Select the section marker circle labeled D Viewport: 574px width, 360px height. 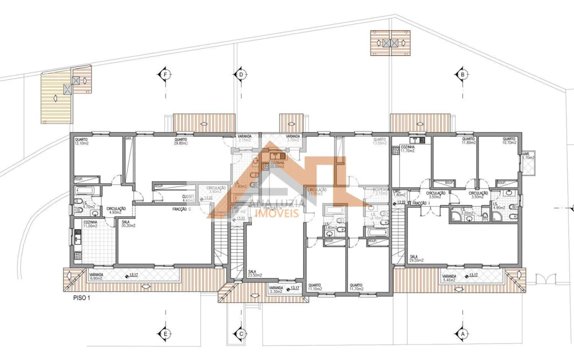click(241, 74)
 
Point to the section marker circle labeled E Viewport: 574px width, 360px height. click(164, 333)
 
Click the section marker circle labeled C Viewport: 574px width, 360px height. click(241, 333)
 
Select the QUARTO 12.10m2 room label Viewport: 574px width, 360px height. click(81, 141)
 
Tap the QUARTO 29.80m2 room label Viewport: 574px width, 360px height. click(181, 141)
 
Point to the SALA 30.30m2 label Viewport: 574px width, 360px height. click(129, 223)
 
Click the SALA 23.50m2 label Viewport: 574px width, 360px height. click(255, 273)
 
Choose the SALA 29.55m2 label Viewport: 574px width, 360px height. click(416, 258)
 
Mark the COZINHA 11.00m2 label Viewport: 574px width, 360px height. click(90, 224)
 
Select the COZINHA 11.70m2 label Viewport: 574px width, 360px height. click(407, 148)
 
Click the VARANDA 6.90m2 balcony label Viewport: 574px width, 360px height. click(95, 276)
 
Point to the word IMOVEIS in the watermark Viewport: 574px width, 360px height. click(277, 213)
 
